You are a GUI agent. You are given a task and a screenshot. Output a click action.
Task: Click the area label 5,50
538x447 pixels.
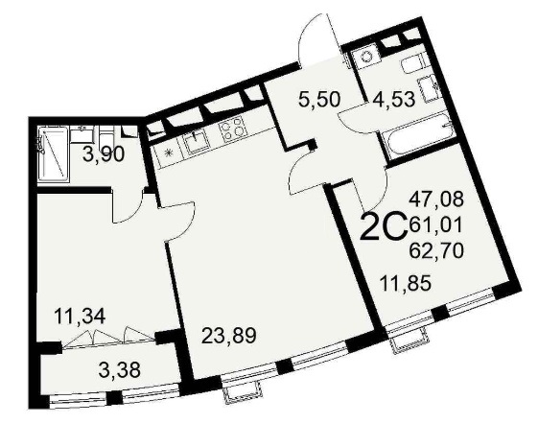[319, 99]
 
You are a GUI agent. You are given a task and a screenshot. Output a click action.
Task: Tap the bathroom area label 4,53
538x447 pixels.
[394, 99]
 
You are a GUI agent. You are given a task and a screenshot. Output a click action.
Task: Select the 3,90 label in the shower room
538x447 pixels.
[104, 155]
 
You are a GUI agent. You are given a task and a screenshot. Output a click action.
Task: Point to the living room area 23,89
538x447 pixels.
[229, 335]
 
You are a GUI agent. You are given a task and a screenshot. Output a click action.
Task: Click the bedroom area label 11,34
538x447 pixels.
[80, 316]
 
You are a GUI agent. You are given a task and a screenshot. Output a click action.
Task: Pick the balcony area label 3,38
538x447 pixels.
[119, 369]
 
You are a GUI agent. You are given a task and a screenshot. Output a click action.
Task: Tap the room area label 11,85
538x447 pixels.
[406, 284]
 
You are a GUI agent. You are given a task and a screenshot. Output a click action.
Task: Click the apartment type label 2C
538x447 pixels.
[384, 226]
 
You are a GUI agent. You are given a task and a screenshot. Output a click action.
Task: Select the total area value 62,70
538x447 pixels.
[436, 250]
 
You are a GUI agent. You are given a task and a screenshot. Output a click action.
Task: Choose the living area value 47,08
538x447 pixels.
[436, 200]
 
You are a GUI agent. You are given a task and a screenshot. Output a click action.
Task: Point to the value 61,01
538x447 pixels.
[435, 224]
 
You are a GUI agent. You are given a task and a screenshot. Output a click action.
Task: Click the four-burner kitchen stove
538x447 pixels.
[233, 129]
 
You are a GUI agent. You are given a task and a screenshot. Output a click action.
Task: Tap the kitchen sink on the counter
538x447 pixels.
[196, 140]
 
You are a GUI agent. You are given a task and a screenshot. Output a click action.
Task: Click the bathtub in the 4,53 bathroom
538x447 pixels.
[417, 133]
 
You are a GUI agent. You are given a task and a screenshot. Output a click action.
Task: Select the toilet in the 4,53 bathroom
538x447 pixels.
[414, 64]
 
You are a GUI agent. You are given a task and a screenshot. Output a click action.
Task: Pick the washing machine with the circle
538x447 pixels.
[365, 56]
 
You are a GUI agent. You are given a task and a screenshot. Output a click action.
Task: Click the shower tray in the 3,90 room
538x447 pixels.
[53, 153]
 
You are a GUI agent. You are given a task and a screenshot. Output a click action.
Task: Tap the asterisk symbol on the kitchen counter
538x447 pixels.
[169, 153]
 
